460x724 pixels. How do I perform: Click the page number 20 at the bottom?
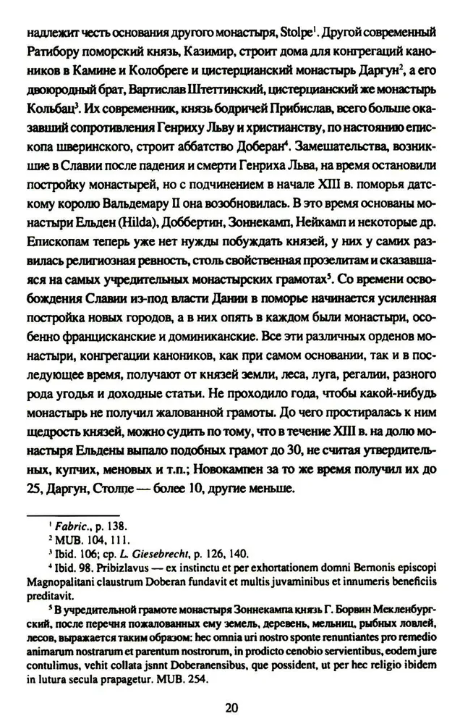(231, 707)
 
